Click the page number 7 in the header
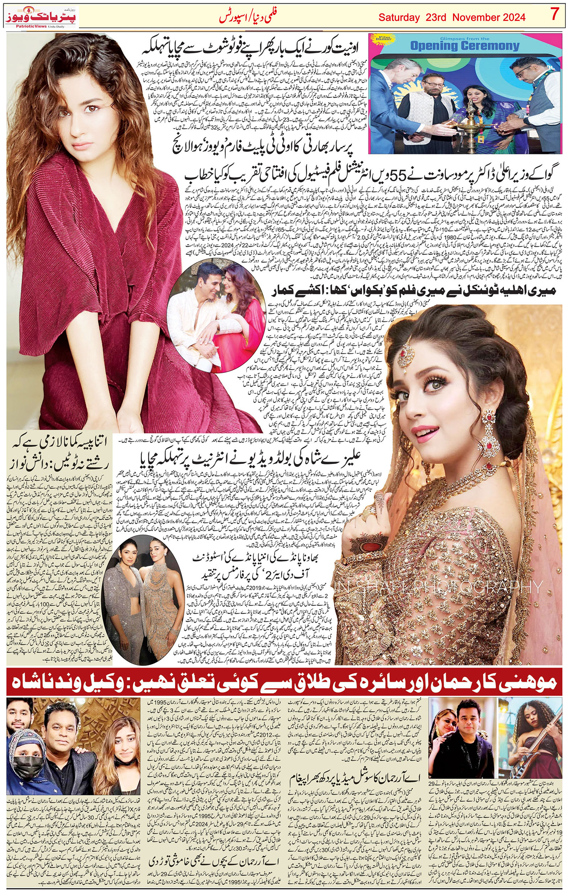pos(554,15)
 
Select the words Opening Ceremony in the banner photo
pos(465,46)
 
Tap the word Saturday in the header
pos(399,17)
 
